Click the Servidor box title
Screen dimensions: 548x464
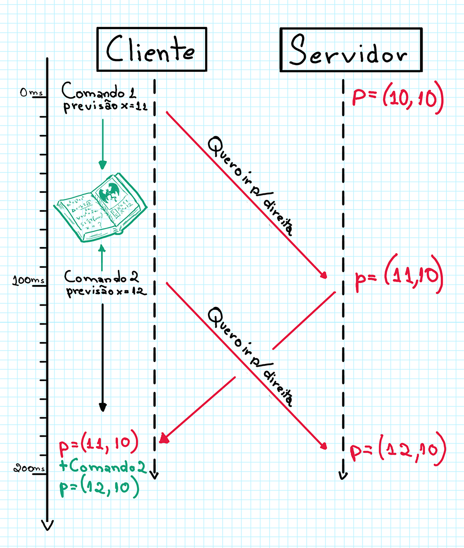click(351, 51)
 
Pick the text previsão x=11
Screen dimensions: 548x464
click(106, 107)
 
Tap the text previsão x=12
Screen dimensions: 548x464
click(106, 292)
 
